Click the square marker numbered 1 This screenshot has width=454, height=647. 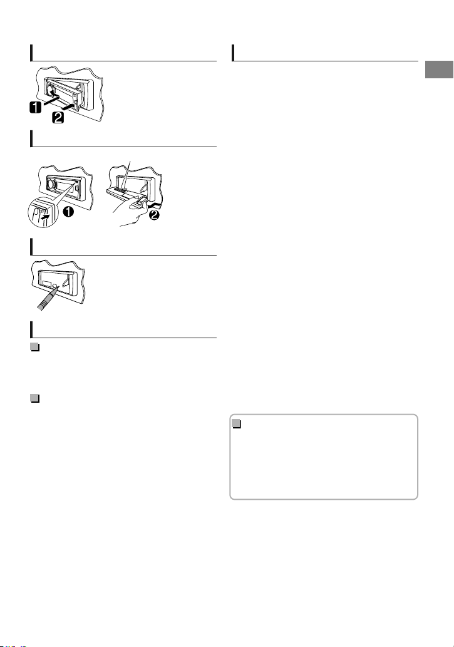(x=36, y=107)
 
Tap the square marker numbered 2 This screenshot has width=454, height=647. (x=58, y=118)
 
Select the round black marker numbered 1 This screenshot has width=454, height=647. (x=68, y=212)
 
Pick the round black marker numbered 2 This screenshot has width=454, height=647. (x=153, y=215)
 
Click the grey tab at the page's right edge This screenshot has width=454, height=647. (x=439, y=70)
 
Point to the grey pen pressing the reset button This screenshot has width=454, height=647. (x=48, y=298)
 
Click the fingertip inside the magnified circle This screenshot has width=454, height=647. (x=36, y=214)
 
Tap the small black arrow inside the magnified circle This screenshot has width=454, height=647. (x=45, y=215)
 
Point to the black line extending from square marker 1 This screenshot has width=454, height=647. (x=51, y=100)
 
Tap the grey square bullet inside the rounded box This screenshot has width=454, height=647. (x=237, y=424)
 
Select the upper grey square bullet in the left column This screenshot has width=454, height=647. (x=35, y=347)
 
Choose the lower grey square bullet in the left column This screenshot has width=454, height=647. (x=35, y=398)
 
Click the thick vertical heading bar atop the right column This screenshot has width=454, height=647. (x=233, y=53)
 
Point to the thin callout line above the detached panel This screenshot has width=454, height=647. (x=126, y=175)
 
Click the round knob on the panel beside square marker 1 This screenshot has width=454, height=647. (x=51, y=90)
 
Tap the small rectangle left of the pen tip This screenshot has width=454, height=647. (x=46, y=285)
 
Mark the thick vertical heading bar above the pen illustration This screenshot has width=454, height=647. (x=31, y=247)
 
